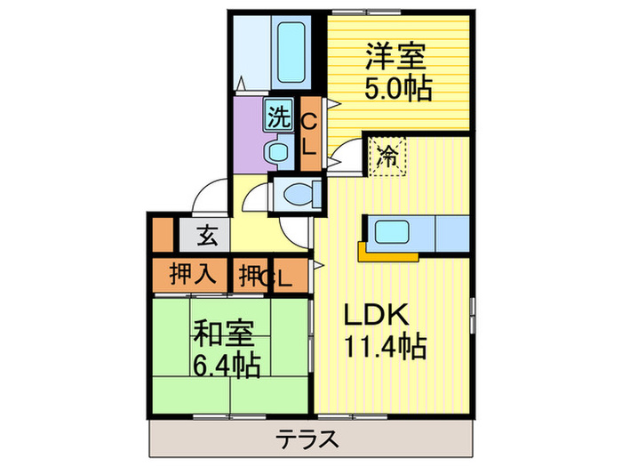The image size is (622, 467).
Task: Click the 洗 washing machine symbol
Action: tap(279, 116)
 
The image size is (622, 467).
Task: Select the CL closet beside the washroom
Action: tap(309, 134)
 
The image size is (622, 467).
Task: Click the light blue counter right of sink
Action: tap(452, 232)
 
